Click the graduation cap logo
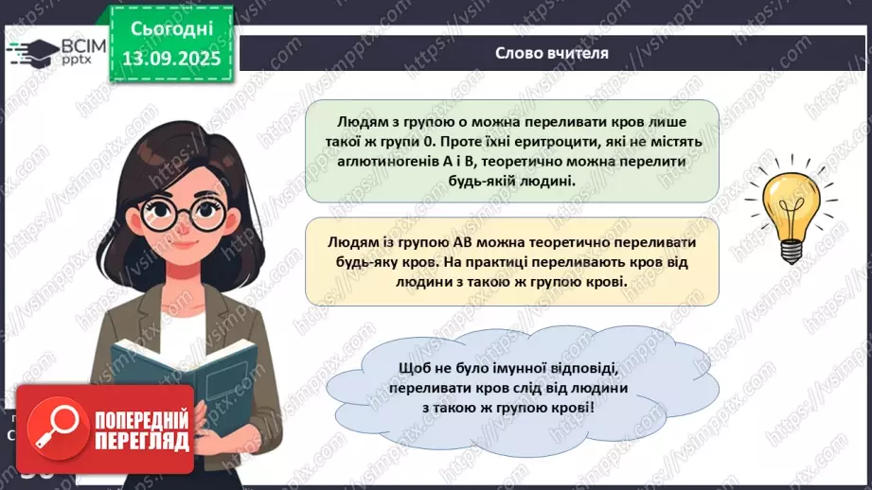[32, 51]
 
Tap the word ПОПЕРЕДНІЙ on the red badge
[140, 419]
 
